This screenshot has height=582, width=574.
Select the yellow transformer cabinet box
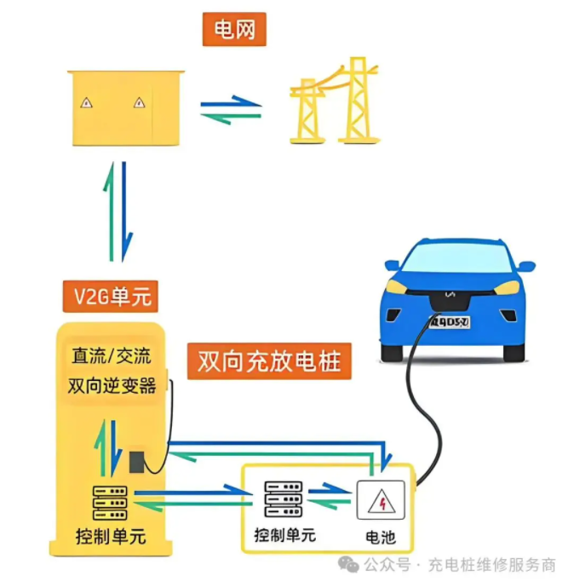tap(125, 109)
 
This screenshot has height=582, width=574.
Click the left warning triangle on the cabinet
tap(86, 103)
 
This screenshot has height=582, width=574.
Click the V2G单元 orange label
tap(111, 297)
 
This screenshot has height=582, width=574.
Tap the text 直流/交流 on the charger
tap(111, 355)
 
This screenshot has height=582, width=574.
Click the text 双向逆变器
tap(112, 386)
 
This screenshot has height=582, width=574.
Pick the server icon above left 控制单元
tap(110, 503)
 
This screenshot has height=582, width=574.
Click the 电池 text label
tap(379, 538)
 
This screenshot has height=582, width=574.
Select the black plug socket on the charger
tap(135, 463)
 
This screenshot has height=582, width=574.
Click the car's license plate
tap(449, 321)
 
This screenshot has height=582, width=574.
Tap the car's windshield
tap(451, 259)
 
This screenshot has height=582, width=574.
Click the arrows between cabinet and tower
tap(230, 109)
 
